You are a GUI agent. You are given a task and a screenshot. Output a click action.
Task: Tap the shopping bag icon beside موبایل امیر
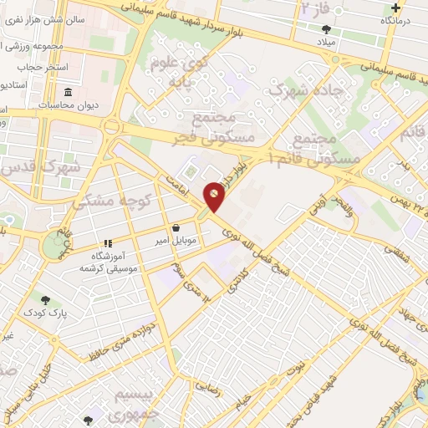(176, 227)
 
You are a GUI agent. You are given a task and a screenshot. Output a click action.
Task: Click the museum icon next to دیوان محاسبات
(68, 92)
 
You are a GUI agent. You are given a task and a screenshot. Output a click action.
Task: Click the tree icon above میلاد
(324, 29)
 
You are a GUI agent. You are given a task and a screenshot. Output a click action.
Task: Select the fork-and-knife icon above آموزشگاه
(107, 243)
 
